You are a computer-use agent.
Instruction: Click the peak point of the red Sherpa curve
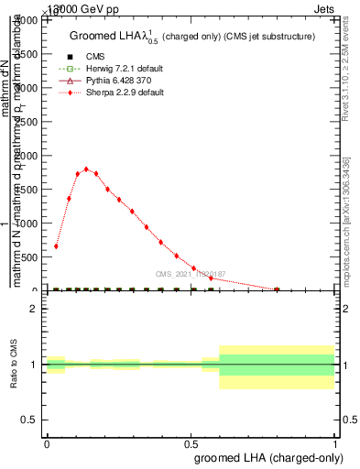point(86,169)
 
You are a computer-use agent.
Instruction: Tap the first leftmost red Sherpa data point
point(56,245)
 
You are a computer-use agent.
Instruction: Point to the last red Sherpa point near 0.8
point(277,289)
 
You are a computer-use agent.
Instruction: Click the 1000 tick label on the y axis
point(29,224)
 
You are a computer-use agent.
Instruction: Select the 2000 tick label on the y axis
point(29,156)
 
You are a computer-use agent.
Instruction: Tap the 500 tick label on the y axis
point(32,257)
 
